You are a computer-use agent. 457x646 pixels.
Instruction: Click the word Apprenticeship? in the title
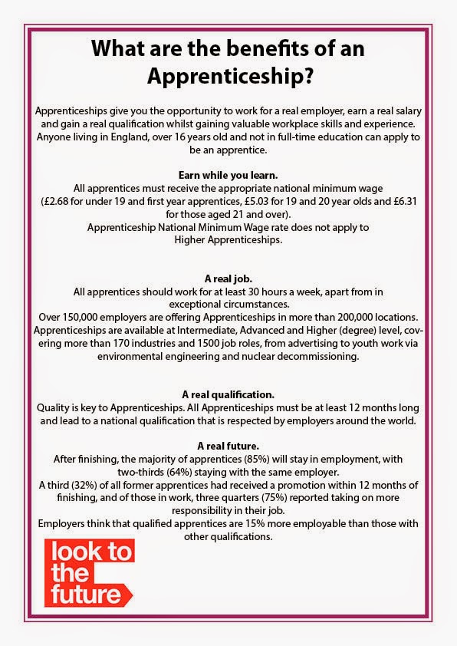point(228,77)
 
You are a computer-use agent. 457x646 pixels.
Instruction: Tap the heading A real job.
point(228,279)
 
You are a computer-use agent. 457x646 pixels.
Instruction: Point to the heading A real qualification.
point(228,394)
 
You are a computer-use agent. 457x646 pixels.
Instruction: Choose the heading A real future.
point(228,445)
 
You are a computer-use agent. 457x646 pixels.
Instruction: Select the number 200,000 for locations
point(352,318)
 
